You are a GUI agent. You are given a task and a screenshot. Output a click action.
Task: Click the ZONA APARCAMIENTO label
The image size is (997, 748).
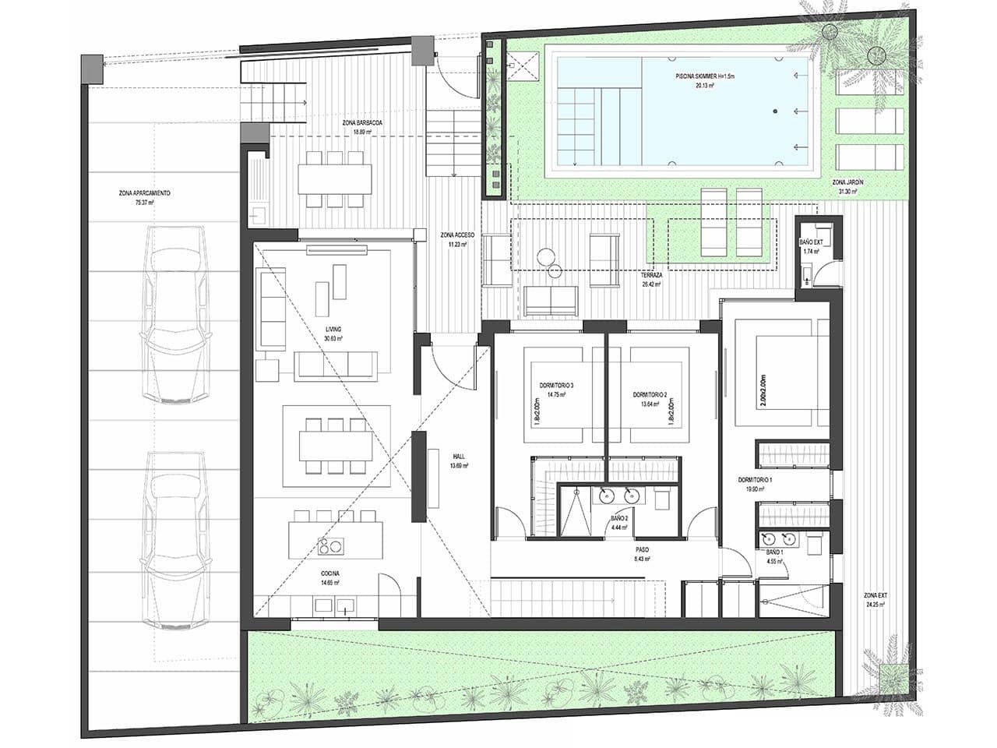click(x=141, y=192)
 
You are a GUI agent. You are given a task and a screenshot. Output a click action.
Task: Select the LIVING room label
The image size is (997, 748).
click(x=334, y=330)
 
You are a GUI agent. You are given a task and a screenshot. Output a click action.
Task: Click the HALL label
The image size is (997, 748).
click(x=458, y=457)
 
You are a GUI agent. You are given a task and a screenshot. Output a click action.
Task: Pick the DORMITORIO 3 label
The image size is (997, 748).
click(x=556, y=386)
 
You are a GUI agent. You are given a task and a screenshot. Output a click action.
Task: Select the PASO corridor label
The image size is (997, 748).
click(x=642, y=549)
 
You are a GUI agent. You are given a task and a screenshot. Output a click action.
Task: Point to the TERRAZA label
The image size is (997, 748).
click(x=651, y=276)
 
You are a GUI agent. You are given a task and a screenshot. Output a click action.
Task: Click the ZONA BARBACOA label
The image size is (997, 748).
click(x=362, y=123)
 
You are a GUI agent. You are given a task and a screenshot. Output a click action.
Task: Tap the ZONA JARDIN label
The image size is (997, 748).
click(x=847, y=182)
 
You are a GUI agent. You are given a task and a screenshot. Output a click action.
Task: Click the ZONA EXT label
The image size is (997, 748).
click(x=876, y=595)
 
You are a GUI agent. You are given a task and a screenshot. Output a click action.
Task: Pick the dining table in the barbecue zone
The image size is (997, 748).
click(x=335, y=178)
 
